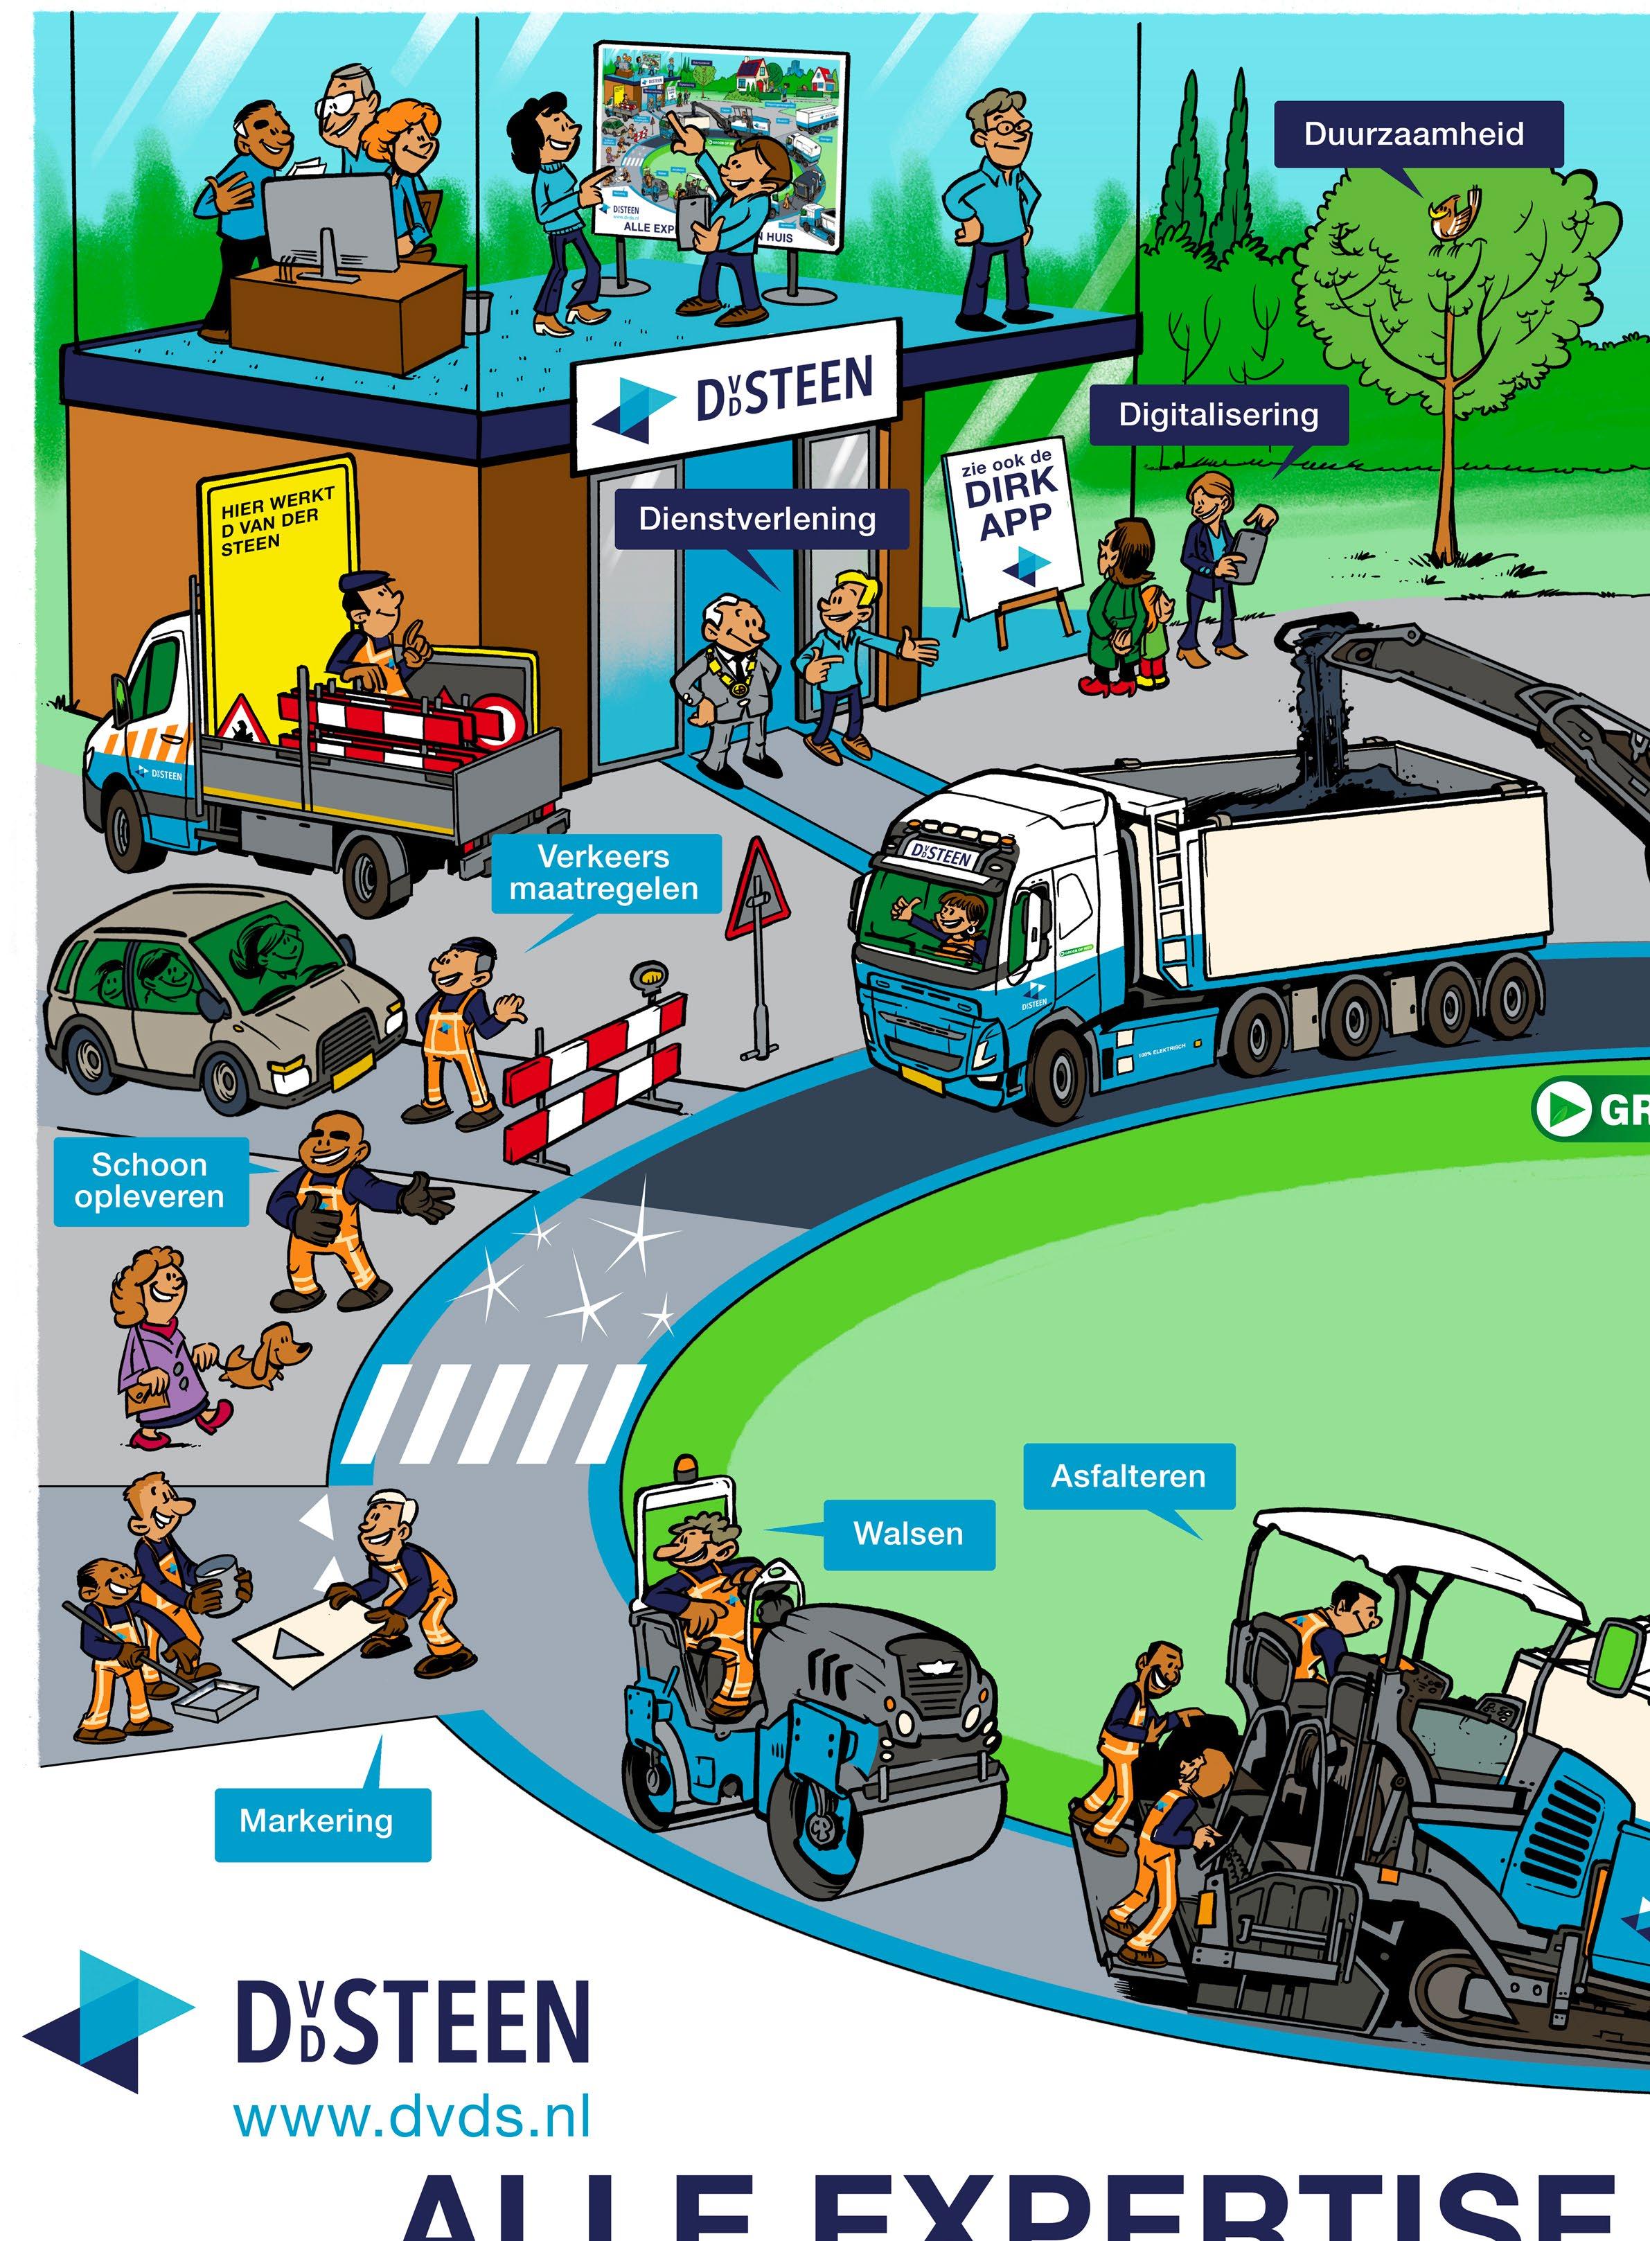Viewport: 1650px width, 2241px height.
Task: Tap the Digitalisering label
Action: coord(1218,414)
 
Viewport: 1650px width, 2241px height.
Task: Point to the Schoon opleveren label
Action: coord(150,1180)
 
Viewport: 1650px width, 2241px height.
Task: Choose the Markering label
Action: coord(317,1821)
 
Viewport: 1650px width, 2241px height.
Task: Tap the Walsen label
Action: coord(908,1534)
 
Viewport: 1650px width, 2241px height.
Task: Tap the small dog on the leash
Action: coord(263,1355)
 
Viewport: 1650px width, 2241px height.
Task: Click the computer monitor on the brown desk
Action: coord(330,228)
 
